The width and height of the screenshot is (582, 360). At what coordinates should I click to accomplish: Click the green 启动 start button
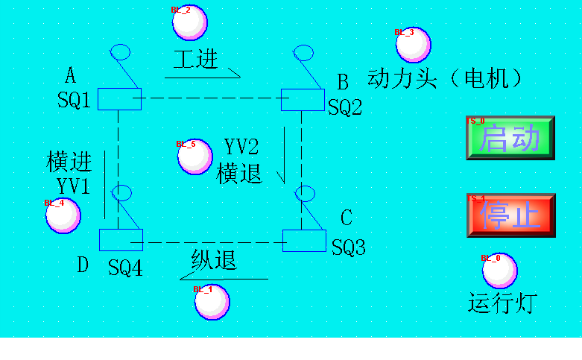[510, 138]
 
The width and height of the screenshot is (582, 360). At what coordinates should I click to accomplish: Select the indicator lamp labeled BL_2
[189, 22]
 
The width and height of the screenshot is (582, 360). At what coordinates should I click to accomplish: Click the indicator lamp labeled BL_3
[413, 45]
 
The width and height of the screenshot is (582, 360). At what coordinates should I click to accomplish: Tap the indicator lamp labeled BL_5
[194, 157]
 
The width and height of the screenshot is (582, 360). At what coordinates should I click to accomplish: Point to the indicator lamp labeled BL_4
[63, 215]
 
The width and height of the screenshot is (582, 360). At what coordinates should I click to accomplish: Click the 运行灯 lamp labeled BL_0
[499, 271]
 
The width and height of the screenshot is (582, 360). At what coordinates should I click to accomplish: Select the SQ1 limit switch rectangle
[119, 98]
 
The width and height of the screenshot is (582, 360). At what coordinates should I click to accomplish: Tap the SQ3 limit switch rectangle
[304, 241]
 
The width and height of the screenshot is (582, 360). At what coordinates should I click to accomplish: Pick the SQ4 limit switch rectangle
[121, 239]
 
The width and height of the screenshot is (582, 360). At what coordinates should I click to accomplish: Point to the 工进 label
[195, 59]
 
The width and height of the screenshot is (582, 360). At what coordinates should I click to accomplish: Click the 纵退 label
[214, 260]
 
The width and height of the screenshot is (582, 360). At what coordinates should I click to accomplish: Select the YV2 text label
[241, 147]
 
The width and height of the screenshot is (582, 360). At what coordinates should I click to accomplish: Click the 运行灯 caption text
[502, 303]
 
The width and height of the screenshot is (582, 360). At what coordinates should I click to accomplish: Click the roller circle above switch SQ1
[120, 51]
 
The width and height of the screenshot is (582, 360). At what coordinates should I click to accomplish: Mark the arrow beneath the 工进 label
[202, 75]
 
